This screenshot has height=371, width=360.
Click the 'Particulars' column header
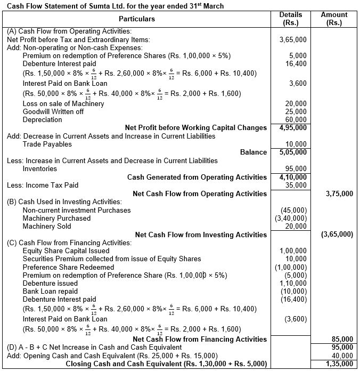137,19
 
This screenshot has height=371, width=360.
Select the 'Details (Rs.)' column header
290,19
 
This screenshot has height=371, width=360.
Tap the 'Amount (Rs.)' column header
334,19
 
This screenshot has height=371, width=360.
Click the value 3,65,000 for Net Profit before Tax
292,39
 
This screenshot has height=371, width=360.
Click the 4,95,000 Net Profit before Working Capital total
292,127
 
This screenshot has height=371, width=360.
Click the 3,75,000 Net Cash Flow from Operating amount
339,193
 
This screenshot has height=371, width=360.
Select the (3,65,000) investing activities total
336,235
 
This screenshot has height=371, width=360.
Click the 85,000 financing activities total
341,339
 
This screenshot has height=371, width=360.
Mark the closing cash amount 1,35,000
339,364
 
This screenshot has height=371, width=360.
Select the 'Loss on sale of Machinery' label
63,103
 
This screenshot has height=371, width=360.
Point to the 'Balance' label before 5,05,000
253,152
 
